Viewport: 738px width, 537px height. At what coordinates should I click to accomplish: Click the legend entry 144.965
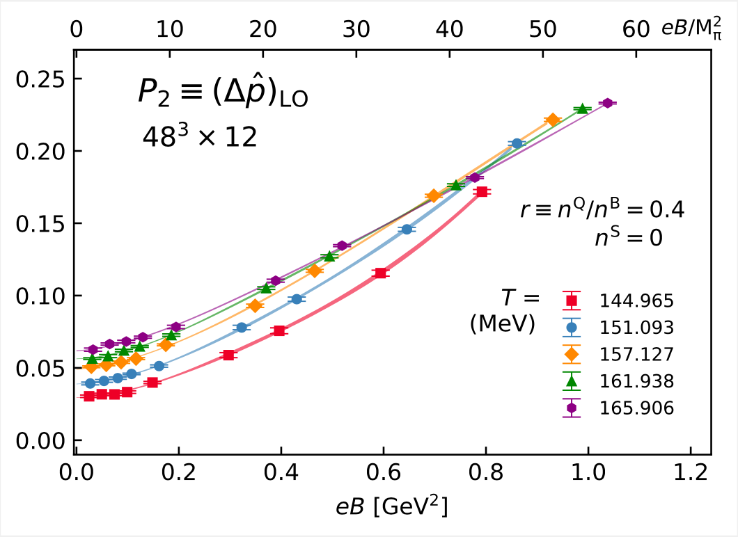636,301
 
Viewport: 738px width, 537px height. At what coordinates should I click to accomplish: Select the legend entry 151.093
636,328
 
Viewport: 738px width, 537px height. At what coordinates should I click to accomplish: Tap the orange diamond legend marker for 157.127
572,354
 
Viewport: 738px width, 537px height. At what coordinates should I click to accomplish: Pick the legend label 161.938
636,381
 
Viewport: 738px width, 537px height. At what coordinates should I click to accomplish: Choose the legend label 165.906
636,408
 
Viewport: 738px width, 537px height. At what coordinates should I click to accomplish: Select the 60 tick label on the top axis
636,29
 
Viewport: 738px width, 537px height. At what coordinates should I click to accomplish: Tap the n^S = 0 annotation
627,237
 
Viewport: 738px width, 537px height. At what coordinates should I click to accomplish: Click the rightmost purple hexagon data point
607,103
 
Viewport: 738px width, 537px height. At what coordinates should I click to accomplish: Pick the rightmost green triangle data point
582,109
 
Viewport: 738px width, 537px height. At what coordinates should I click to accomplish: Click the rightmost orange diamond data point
553,120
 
